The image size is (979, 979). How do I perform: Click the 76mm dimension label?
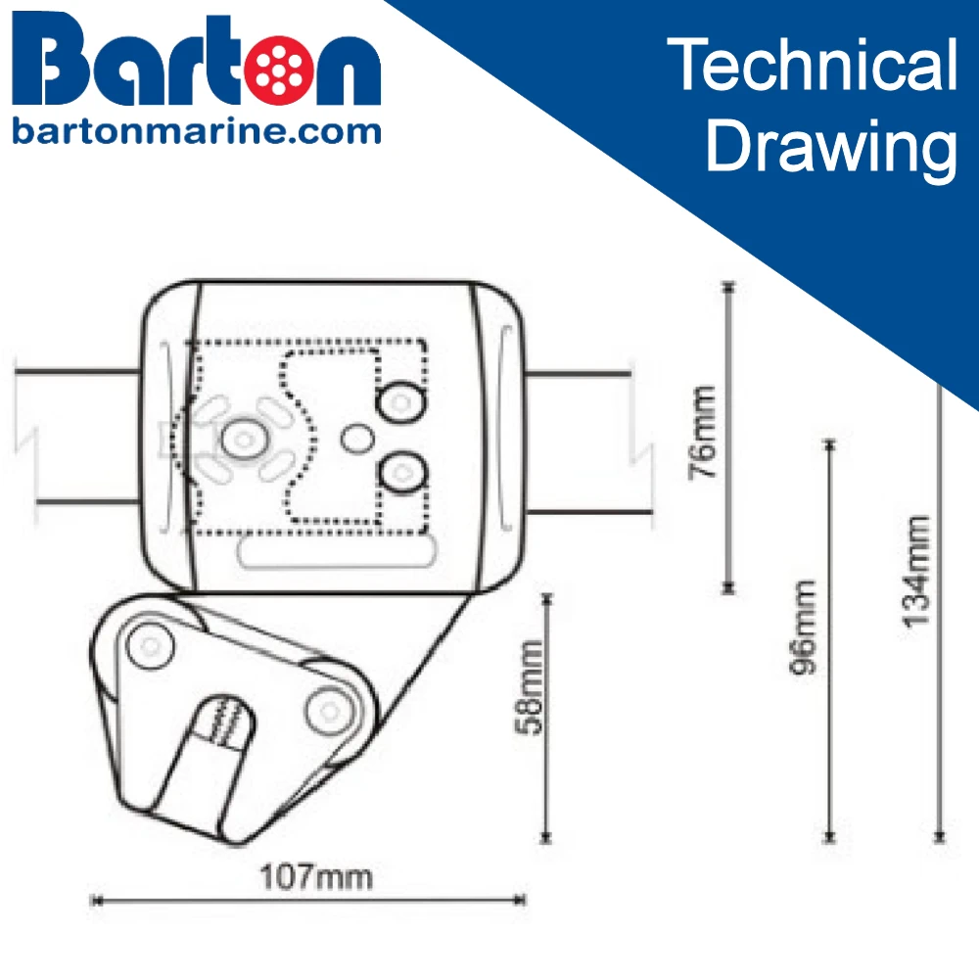[x=704, y=432]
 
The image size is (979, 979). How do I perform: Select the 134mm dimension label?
[x=916, y=572]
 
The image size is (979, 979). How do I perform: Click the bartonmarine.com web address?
[x=196, y=130]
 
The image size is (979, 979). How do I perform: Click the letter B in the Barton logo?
[x=57, y=65]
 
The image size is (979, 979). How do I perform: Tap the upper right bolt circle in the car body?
[x=400, y=401]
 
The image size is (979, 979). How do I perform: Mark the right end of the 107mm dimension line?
[x=522, y=900]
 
